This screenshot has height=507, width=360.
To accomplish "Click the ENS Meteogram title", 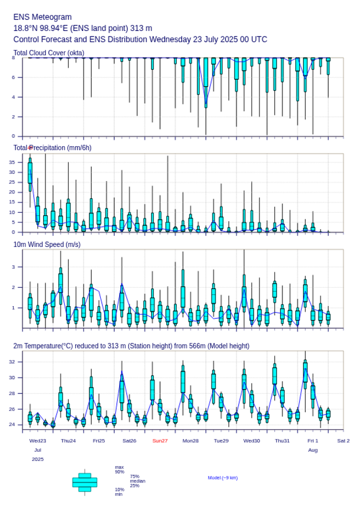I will click(x=43, y=17).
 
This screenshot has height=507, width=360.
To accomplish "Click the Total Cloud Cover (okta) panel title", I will click(x=49, y=53).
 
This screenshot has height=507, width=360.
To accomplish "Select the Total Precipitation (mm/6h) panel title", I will click(x=53, y=148).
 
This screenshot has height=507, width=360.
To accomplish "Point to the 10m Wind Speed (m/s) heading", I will click(x=47, y=245).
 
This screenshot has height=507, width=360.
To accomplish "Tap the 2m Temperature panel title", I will click(x=131, y=346).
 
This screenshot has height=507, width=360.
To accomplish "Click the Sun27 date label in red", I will click(x=160, y=441).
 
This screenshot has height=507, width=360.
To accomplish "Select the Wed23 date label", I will click(x=38, y=441).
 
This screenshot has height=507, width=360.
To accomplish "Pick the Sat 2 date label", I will click(x=343, y=441).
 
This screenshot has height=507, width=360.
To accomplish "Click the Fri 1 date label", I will click(x=313, y=441).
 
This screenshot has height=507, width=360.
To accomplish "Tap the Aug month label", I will click(x=313, y=450).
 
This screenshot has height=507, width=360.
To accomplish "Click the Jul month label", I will click(x=38, y=450).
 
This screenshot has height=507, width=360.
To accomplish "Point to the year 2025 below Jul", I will click(x=38, y=459).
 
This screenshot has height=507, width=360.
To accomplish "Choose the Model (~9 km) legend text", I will click(x=223, y=478).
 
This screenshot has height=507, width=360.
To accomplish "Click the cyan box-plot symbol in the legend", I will click(x=85, y=482).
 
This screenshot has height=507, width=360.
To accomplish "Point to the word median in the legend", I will click(x=137, y=481).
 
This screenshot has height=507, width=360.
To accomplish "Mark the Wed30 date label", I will click(x=251, y=441).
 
